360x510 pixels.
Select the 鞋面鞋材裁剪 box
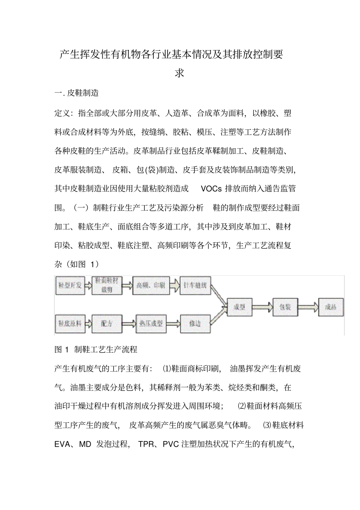click(106, 286)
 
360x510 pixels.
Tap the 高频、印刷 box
click(151, 286)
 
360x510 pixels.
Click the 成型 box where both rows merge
click(239, 307)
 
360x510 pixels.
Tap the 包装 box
click(285, 307)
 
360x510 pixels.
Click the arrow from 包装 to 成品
click(308, 307)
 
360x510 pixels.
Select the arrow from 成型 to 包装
click(262, 307)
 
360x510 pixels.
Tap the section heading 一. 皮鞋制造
click(77, 93)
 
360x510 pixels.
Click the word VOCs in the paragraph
click(211, 188)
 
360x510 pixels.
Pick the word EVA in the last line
click(62, 444)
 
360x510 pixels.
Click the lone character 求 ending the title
click(179, 73)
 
